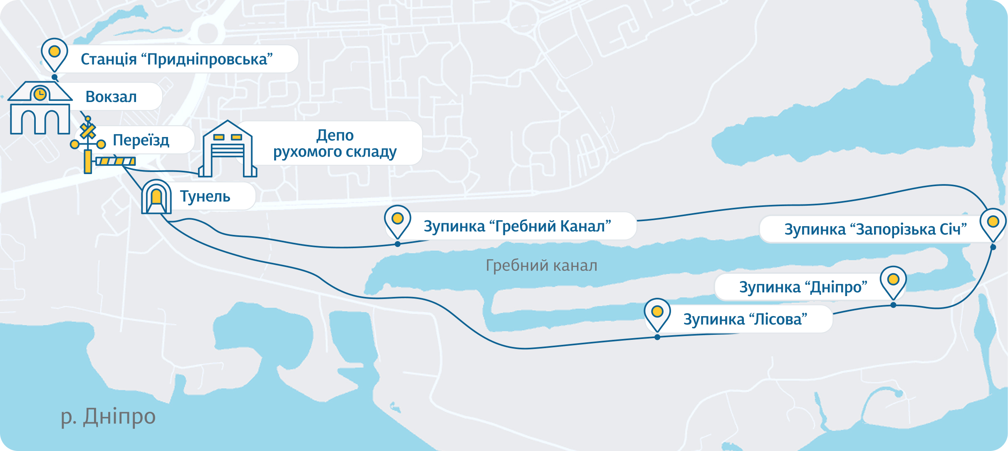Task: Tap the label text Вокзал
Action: click(x=111, y=97)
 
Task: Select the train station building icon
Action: click(x=40, y=108)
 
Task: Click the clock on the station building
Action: click(x=40, y=94)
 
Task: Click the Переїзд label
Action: click(x=141, y=140)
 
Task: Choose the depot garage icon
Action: click(x=228, y=150)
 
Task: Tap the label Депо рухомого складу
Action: click(x=335, y=144)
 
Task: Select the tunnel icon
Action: click(x=156, y=197)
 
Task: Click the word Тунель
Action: click(x=205, y=197)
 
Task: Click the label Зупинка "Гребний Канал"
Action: click(x=517, y=227)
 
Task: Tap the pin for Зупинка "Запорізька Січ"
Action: click(x=993, y=222)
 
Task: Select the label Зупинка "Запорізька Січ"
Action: click(x=875, y=229)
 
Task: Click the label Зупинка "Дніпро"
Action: click(x=803, y=287)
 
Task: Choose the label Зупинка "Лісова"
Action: click(x=745, y=319)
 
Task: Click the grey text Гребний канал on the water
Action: click(x=541, y=266)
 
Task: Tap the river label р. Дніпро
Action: click(x=108, y=416)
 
